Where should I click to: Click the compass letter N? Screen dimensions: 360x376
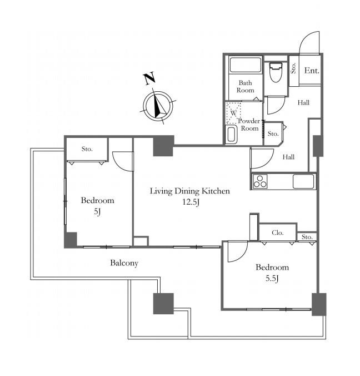tap(149, 78)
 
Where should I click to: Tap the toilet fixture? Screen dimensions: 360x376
tap(276, 72)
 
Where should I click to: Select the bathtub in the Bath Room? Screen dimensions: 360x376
tap(245, 65)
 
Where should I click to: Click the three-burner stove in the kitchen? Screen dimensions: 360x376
tap(260, 181)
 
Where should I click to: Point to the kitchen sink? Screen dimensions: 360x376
tap(303, 181)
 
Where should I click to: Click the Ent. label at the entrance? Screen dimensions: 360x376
tap(312, 71)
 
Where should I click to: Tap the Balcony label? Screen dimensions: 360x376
tap(124, 263)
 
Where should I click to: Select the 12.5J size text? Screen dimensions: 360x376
tap(191, 202)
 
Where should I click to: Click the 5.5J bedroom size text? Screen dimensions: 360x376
tap(272, 278)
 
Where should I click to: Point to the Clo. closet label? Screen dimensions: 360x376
tap(278, 232)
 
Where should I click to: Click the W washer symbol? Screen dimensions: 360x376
tap(233, 113)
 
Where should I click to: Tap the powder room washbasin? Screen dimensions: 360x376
tap(231, 135)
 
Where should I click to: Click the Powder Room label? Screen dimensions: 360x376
tap(249, 125)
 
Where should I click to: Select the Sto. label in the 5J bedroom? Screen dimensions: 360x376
tap(87, 149)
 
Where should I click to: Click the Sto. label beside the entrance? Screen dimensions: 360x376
tap(293, 68)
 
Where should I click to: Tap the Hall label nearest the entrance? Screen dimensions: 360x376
tap(303, 103)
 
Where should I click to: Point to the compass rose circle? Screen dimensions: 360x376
tap(158, 106)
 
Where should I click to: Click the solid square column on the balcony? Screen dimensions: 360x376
tap(163, 303)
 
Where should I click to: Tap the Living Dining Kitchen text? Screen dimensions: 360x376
tap(190, 191)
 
